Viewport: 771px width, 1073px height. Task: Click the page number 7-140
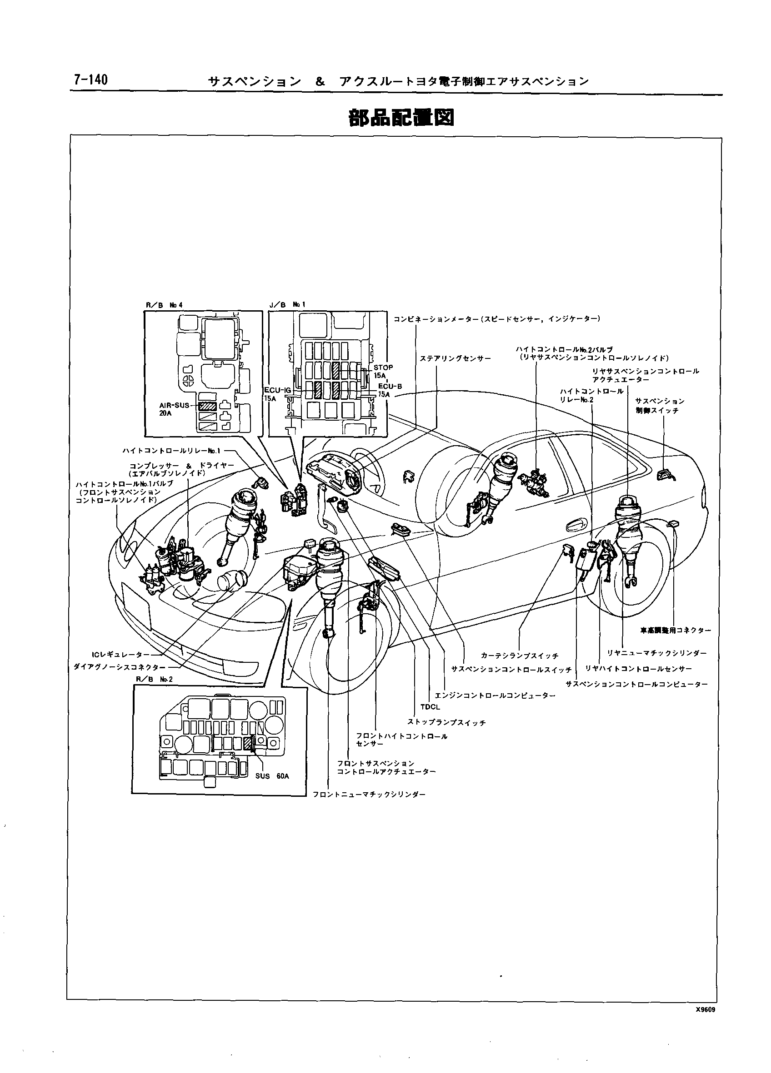point(90,79)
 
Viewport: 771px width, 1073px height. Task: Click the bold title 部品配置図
point(401,118)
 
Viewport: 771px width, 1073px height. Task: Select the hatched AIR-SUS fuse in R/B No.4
point(207,406)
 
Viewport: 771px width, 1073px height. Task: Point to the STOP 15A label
point(382,371)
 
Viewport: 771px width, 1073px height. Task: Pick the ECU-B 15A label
point(390,390)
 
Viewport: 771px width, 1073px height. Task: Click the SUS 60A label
point(272,776)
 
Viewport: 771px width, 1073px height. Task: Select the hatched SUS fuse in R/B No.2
point(249,744)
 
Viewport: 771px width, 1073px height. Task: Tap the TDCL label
point(430,707)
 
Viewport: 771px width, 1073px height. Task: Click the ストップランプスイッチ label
point(446,723)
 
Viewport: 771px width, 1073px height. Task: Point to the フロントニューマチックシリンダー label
point(369,795)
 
